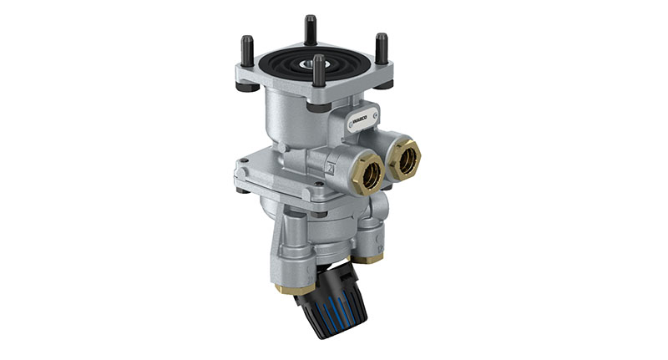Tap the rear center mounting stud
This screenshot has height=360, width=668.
click(x=311, y=29)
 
